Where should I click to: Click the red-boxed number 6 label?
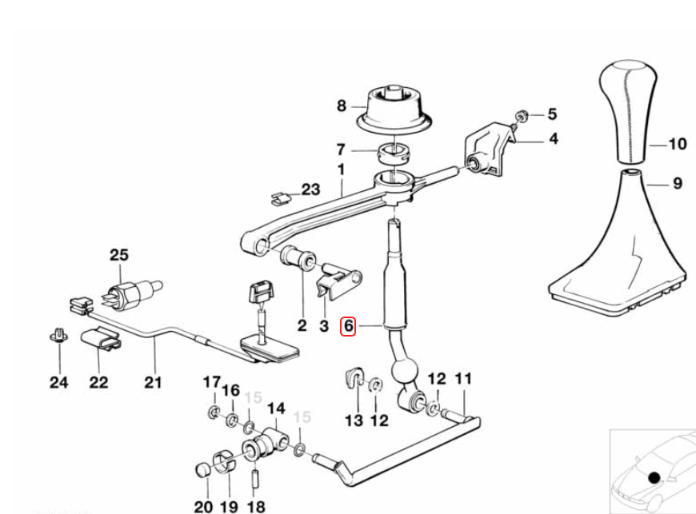[348, 326]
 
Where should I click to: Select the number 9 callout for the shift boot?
[678, 183]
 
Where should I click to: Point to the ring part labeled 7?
[394, 153]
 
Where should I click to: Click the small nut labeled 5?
[522, 115]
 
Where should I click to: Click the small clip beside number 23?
[280, 197]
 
